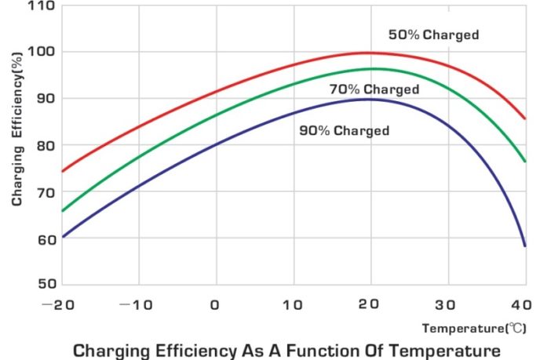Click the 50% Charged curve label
click(x=433, y=35)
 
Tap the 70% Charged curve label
click(x=374, y=89)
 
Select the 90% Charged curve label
click(x=344, y=130)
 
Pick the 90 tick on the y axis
click(x=45, y=99)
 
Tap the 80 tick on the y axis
click(x=45, y=145)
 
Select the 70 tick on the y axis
click(x=45, y=192)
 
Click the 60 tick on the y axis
click(x=45, y=238)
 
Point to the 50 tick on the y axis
click(x=45, y=284)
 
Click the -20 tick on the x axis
click(x=61, y=304)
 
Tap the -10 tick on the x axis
click(x=138, y=304)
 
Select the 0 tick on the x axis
click(x=215, y=304)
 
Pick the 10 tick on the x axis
click(x=293, y=304)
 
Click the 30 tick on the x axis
click(x=447, y=304)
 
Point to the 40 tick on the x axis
click(x=524, y=304)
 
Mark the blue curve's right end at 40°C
click(x=524, y=245)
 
